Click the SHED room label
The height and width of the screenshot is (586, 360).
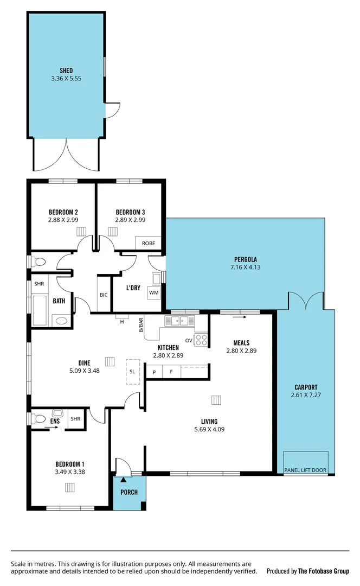(x=66, y=70)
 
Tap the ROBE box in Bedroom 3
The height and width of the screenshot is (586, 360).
(x=149, y=244)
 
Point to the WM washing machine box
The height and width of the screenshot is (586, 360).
(x=153, y=293)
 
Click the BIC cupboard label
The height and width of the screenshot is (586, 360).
(x=104, y=295)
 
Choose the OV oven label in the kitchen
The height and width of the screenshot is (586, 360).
(x=189, y=340)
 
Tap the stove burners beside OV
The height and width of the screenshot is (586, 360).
(x=201, y=340)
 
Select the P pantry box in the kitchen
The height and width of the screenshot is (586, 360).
(x=155, y=372)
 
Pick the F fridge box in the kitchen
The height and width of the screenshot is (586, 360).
(x=171, y=372)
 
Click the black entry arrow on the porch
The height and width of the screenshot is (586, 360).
(x=124, y=479)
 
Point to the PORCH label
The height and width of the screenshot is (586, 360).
(x=129, y=492)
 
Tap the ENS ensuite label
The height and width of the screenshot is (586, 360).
(x=55, y=420)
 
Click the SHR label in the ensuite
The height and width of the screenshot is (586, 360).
(x=75, y=419)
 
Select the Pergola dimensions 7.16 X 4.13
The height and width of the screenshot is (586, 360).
(x=245, y=267)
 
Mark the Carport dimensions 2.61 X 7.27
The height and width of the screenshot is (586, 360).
(x=306, y=395)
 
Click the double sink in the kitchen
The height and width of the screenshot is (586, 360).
(x=180, y=321)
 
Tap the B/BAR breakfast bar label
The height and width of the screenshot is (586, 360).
(x=142, y=325)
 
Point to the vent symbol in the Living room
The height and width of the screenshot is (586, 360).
(x=216, y=400)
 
